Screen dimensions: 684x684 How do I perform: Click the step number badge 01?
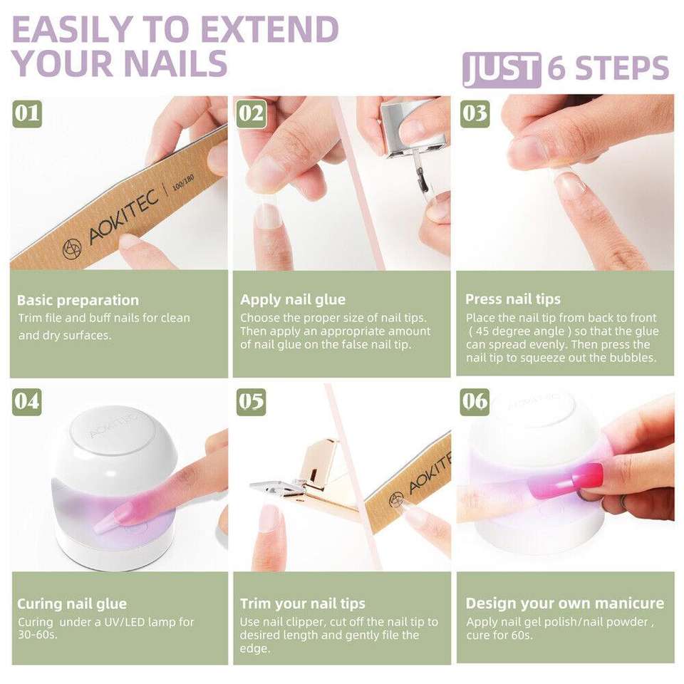(x=27, y=113)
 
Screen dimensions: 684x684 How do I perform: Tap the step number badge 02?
(x=251, y=114)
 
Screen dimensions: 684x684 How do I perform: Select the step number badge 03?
(x=475, y=114)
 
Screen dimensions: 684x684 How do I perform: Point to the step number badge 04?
(x=27, y=401)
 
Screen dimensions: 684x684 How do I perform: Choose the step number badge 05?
(x=252, y=402)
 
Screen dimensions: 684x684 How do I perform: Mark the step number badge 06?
(x=475, y=401)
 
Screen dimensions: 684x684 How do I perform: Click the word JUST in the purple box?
(x=501, y=70)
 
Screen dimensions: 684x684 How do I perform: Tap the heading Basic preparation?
(x=78, y=300)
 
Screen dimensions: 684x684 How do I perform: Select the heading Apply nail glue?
(x=293, y=300)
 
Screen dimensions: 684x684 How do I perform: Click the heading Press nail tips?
(x=512, y=299)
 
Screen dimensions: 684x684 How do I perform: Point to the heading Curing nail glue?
(x=72, y=603)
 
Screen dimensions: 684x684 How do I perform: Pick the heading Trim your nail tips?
(x=302, y=603)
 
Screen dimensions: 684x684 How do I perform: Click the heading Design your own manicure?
(x=564, y=603)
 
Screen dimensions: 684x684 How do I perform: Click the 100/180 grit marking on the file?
(x=183, y=182)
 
